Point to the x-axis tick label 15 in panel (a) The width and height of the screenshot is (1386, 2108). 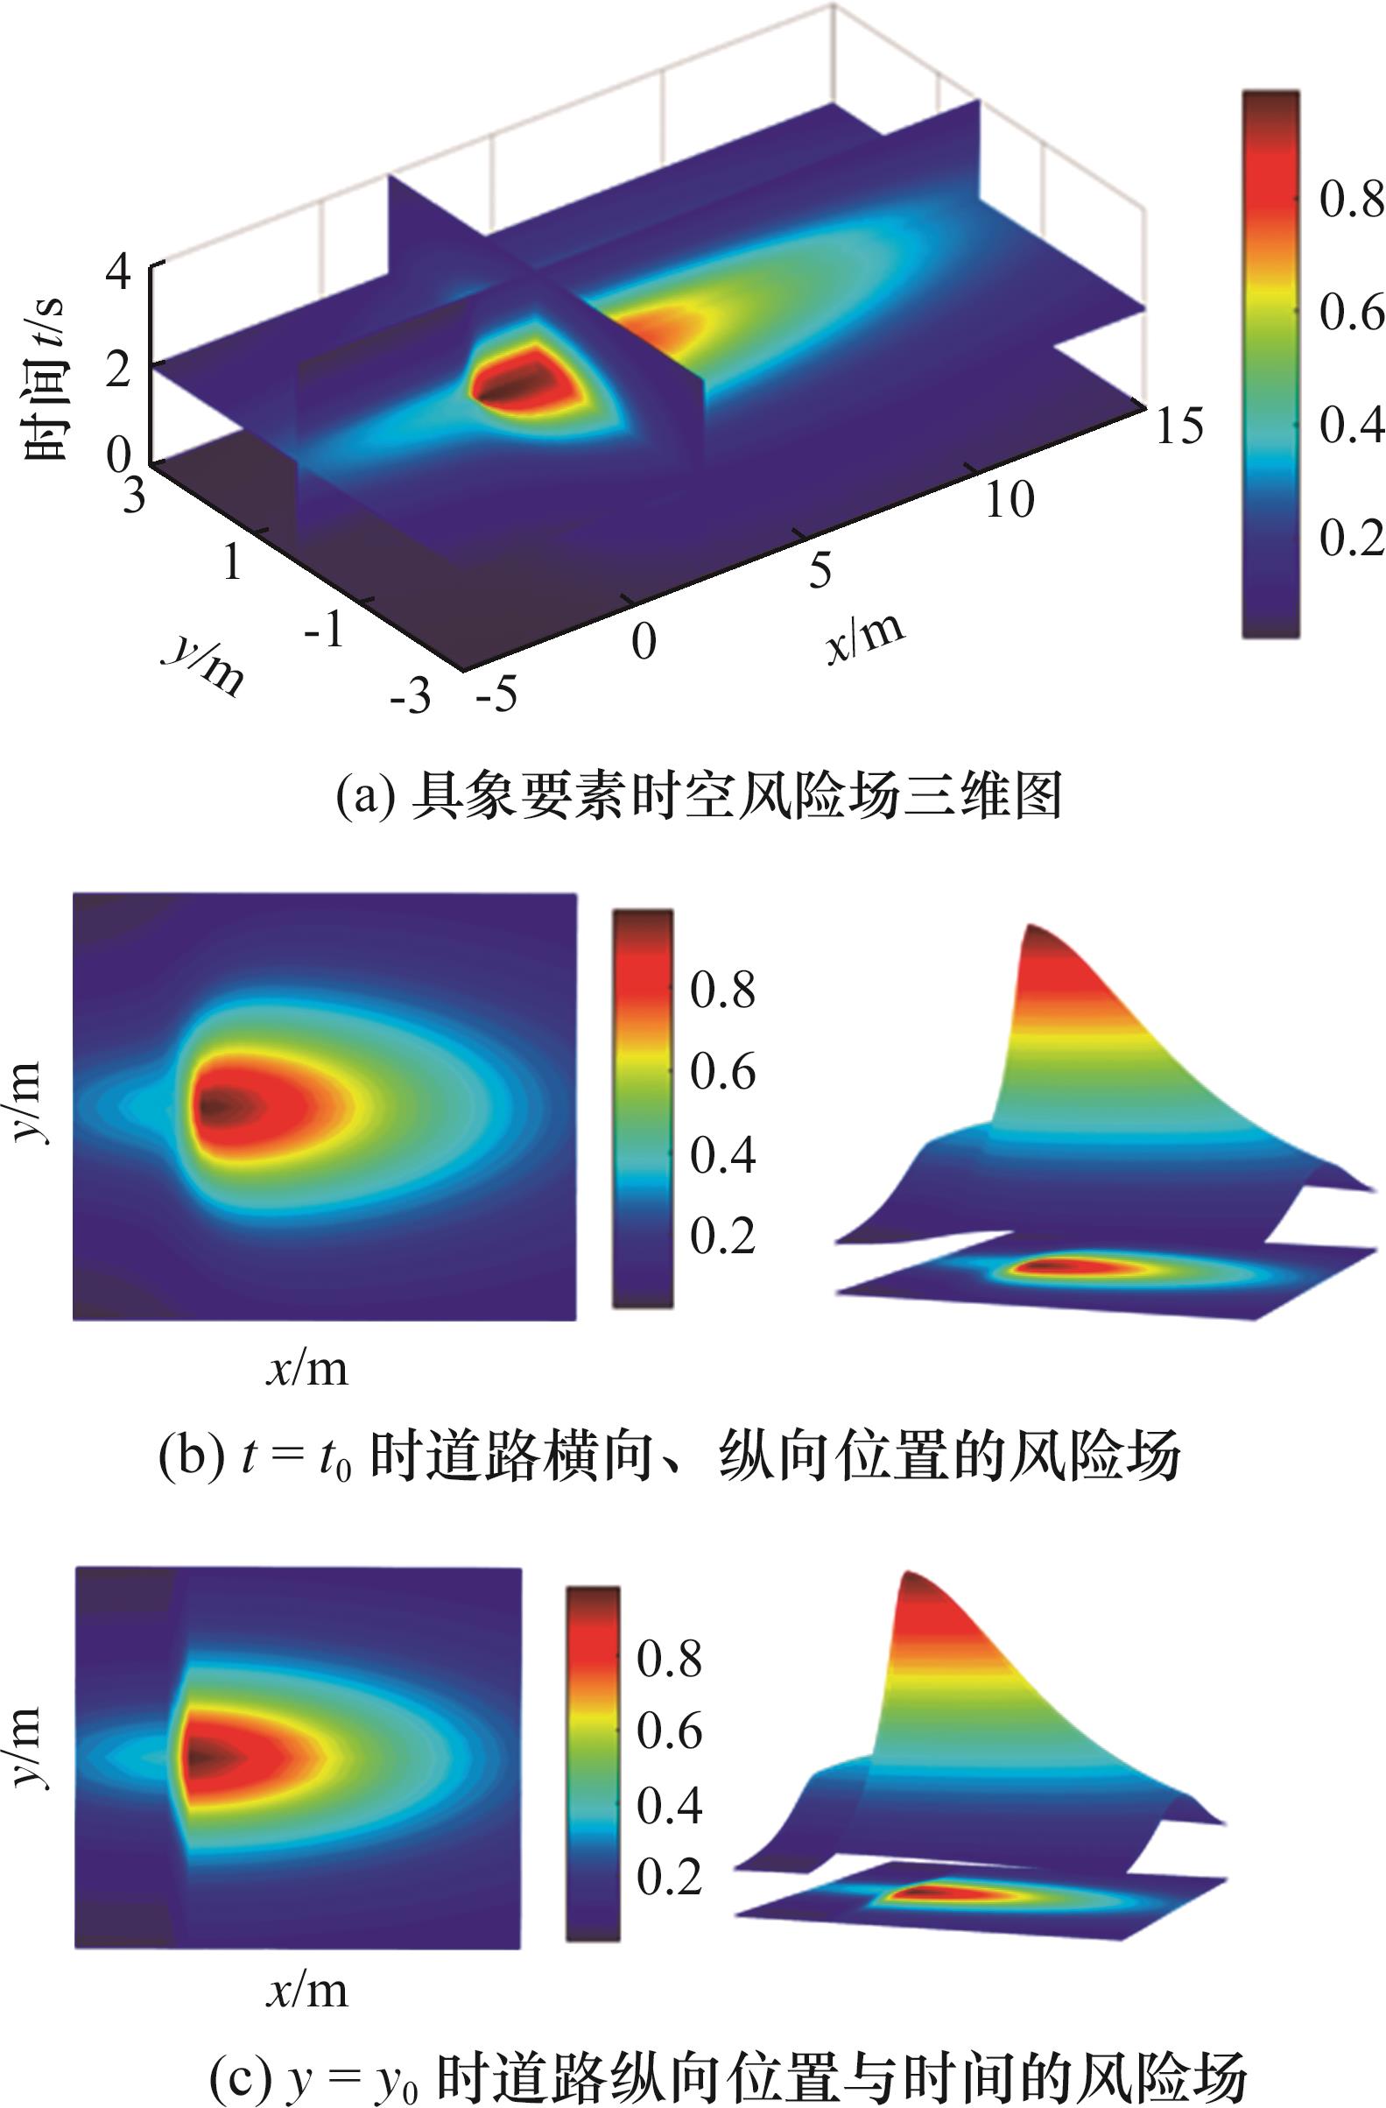click(x=1178, y=426)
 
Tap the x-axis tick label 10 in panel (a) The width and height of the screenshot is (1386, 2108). click(x=1009, y=500)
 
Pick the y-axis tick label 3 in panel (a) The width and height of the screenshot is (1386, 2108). click(x=134, y=497)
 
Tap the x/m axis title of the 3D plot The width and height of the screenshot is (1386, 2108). click(x=865, y=634)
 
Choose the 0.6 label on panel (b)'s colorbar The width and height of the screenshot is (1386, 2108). click(x=722, y=1073)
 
